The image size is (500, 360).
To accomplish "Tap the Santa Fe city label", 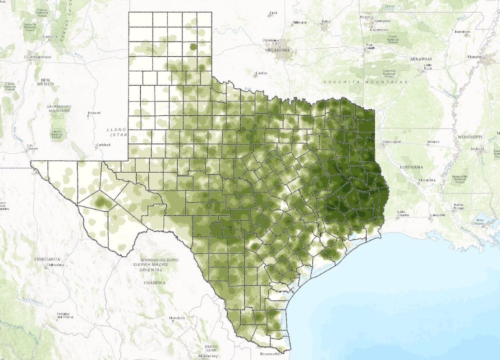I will (x=49, y=36).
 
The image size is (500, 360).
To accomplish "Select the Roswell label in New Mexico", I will (x=94, y=113).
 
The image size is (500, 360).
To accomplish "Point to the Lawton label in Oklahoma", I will (x=261, y=73).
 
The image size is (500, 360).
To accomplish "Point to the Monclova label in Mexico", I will (x=174, y=318).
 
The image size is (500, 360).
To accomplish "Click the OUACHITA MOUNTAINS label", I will (x=365, y=82).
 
